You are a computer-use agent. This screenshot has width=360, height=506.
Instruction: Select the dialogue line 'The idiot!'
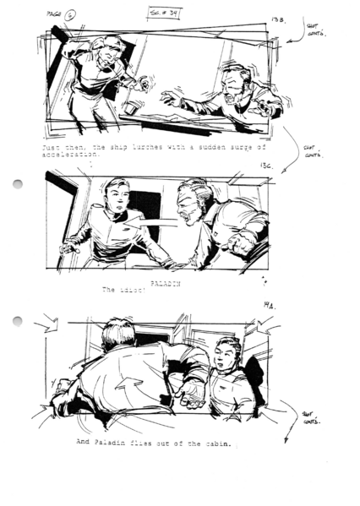point(122,290)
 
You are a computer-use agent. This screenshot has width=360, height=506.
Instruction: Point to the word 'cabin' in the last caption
point(215,443)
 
